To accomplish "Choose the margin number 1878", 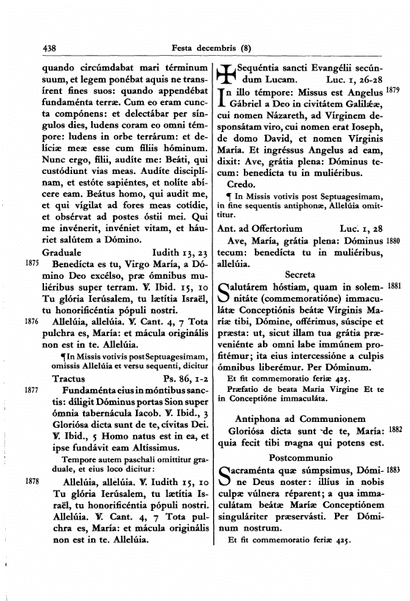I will pos(31,500).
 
